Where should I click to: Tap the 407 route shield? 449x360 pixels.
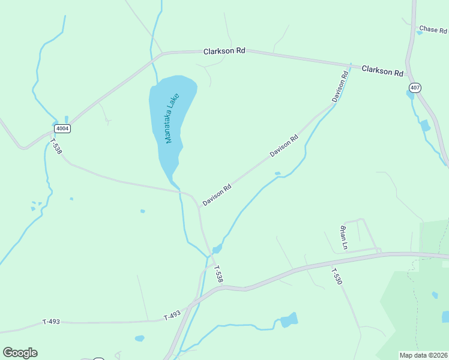415,88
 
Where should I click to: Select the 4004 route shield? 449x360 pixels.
62,128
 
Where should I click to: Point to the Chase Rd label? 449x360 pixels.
433,29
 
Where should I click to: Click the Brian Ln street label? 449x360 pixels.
344,237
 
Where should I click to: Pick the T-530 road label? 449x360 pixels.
337,276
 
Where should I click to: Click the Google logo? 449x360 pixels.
20,353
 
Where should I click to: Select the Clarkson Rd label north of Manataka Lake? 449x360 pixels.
224,52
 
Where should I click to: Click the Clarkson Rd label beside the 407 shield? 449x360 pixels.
382,71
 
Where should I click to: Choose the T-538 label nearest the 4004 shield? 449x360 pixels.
56,147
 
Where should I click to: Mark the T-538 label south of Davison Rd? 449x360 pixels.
218,275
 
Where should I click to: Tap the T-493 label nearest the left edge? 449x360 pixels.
51,322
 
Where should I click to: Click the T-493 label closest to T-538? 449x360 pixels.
172,315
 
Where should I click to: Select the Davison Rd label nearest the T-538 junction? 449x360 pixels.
217,195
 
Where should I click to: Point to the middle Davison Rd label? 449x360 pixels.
284,146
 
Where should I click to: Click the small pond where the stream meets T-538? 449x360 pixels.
217,249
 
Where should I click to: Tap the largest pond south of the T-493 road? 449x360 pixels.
289,320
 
